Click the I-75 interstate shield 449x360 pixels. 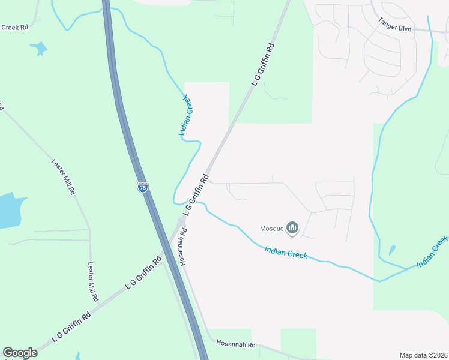tap(142, 187)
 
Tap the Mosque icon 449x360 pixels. tap(292, 228)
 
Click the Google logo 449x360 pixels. tap(20, 353)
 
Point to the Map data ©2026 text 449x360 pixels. tap(423, 355)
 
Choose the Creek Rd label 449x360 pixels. tap(15, 27)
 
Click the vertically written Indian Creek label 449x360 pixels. tap(185, 116)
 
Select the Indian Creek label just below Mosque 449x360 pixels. tap(286, 252)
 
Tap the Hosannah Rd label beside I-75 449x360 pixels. tap(181, 246)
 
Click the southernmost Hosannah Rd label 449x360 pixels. tap(236, 344)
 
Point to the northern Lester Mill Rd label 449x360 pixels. tap(64, 177)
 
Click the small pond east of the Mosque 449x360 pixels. tap(391, 250)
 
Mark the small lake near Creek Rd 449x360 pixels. tap(38, 49)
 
